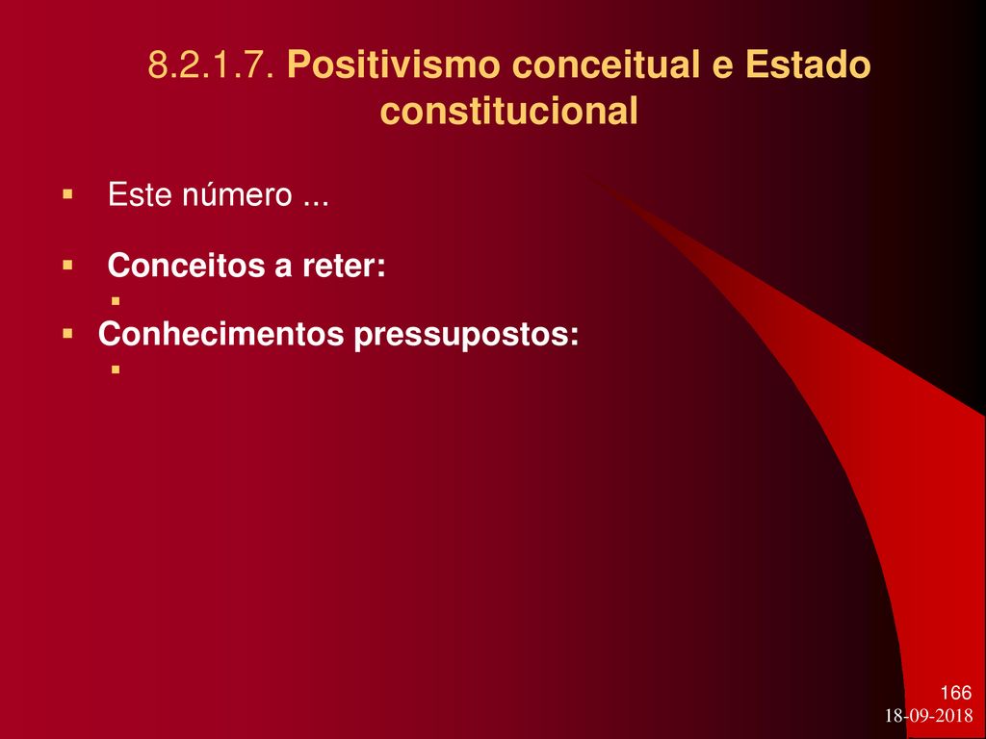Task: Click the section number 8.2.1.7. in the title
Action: click(x=211, y=64)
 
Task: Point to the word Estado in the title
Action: click(x=809, y=64)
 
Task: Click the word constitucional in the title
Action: click(x=509, y=112)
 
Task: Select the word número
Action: click(x=238, y=194)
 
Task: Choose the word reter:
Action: click(x=344, y=267)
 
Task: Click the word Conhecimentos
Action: click(x=221, y=334)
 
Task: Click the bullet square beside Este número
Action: click(x=68, y=194)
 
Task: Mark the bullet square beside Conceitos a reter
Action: click(x=68, y=266)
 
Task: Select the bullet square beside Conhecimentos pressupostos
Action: click(x=68, y=334)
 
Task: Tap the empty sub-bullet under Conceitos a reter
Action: click(x=116, y=301)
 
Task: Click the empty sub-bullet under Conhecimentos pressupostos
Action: click(x=116, y=370)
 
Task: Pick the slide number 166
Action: click(x=956, y=693)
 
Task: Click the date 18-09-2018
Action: click(x=929, y=716)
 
